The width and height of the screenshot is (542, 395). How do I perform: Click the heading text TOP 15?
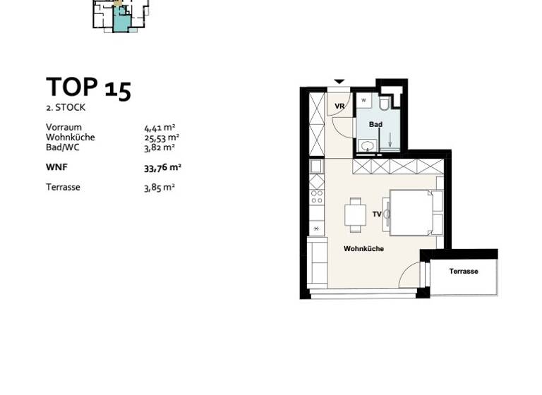88,88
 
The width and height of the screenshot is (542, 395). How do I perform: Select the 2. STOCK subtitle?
66,108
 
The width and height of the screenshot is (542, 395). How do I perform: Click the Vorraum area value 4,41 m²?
159,128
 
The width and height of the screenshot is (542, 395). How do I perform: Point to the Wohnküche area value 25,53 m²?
162,138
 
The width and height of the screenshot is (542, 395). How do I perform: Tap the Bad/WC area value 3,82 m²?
159,147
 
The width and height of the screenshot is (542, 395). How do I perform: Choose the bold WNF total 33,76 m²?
162,168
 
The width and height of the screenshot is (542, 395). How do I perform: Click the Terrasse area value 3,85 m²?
159,188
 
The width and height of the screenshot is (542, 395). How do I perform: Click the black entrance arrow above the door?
339,82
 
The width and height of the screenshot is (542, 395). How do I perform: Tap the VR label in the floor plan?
339,107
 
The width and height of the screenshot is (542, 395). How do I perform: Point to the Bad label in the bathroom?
375,124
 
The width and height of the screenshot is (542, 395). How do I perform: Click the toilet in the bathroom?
384,104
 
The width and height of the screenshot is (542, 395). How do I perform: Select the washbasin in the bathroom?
367,146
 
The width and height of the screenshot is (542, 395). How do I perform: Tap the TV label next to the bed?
377,214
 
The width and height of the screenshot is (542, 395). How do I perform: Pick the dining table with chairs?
354,214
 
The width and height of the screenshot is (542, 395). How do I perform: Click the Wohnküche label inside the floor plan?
363,249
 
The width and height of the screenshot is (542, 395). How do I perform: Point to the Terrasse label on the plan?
464,272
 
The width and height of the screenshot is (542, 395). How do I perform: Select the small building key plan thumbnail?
120,16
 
